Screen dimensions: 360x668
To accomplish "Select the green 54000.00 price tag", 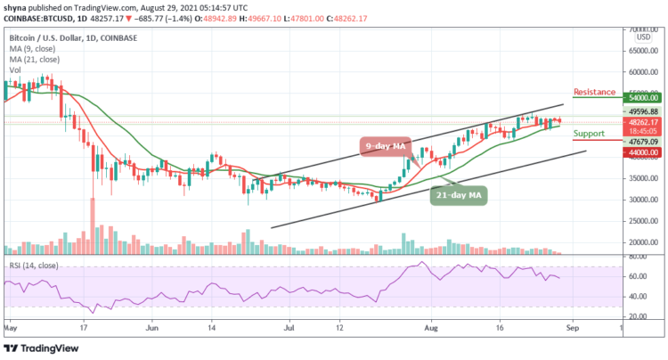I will click(x=640, y=98).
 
